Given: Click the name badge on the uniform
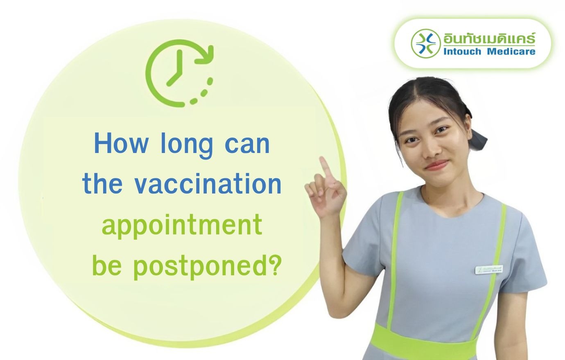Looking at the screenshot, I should point(489,270).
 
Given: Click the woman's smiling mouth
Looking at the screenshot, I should point(436,165).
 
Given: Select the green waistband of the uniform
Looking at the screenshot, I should point(426,342).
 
